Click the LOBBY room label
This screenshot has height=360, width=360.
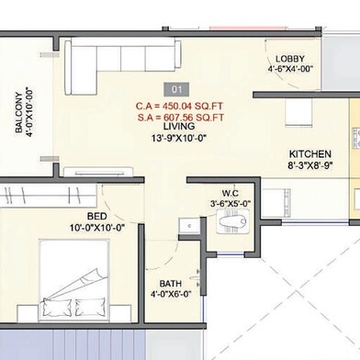(290, 59)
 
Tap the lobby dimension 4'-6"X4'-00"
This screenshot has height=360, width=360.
(290, 69)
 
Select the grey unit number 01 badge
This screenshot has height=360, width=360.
(176, 89)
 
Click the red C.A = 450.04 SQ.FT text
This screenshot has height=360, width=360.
(179, 107)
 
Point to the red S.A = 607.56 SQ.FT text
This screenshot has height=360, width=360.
(181, 118)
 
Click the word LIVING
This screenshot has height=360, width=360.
(179, 126)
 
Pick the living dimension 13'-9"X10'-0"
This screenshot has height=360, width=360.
(179, 138)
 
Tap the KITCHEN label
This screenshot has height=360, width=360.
(310, 154)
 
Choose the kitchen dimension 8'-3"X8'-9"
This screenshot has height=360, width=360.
(310, 165)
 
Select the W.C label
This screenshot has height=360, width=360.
(231, 193)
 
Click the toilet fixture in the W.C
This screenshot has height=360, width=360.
(232, 221)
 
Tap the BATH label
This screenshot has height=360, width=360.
(171, 284)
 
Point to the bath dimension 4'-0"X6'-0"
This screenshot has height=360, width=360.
(171, 294)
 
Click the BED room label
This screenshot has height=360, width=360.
(97, 216)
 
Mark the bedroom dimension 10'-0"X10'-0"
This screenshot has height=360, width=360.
(97, 228)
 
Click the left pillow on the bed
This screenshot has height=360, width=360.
(59, 307)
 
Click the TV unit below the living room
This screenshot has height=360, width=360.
(98, 172)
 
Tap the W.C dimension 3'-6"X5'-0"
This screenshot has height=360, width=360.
(231, 204)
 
